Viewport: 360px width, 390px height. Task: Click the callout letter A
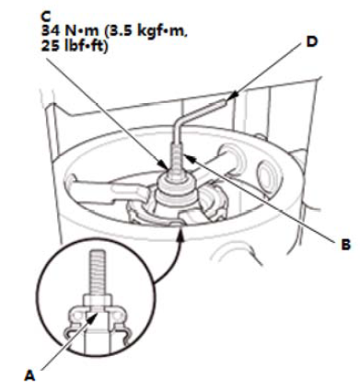click(29, 375)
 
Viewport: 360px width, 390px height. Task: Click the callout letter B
click(345, 245)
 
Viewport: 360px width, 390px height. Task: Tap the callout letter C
click(46, 17)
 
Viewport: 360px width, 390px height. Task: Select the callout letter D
click(312, 41)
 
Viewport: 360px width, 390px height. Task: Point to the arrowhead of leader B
click(188, 158)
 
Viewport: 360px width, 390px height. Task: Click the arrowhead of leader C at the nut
click(164, 165)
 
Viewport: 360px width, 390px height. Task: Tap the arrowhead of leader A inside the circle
click(94, 320)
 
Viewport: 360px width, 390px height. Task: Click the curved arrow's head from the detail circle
click(181, 234)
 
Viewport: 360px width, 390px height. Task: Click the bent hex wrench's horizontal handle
click(202, 111)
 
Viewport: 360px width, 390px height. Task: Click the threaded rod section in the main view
click(178, 160)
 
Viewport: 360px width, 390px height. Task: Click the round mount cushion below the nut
click(175, 190)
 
